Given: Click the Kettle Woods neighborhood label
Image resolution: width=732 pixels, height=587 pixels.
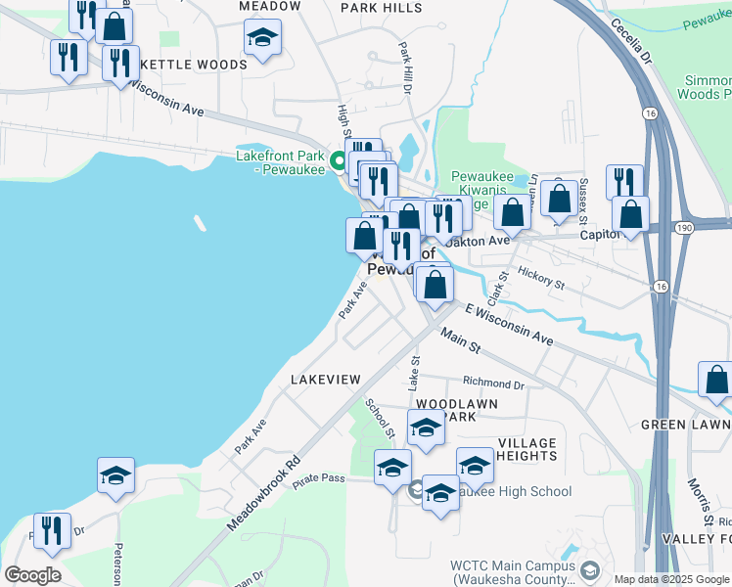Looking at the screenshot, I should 194,65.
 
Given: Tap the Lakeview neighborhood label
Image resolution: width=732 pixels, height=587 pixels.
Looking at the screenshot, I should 326,379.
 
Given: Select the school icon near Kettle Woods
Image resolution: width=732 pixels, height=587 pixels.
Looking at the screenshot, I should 261,38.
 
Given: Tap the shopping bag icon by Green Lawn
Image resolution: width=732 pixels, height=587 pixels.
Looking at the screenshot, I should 716,380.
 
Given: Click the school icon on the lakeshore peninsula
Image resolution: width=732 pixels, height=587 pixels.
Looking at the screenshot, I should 115,476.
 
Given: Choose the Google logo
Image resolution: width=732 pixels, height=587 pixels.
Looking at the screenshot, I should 32,574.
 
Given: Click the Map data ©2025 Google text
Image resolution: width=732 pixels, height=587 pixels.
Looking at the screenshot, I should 670,579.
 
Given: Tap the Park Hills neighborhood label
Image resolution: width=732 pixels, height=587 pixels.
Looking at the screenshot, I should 382,7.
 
